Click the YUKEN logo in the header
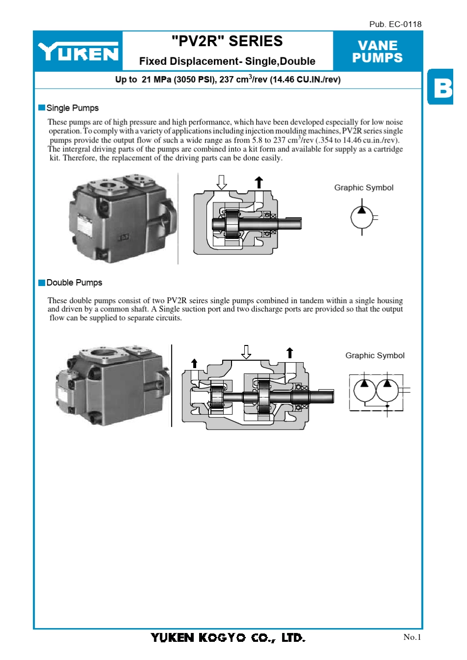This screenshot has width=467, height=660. coord(78,52)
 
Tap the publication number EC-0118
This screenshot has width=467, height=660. coord(395,24)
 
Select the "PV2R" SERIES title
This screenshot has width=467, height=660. coord(227,41)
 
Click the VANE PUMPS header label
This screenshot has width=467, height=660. coord(377,52)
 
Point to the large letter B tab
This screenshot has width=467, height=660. coord(442,87)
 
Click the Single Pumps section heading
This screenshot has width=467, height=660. coord(72,108)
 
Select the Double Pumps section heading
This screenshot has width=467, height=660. coord(74,283)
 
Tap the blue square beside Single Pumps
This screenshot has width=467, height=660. coord(42,108)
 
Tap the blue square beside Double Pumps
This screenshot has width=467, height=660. coord(42,283)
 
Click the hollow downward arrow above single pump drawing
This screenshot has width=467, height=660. coord(222,182)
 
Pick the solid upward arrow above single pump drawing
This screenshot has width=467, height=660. coord(259,182)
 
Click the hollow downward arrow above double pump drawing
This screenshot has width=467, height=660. coord(246,352)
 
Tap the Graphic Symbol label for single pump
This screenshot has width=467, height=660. coord(364,188)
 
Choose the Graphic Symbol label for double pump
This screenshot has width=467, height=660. coord(375,355)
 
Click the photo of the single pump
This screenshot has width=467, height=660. coord(123,218)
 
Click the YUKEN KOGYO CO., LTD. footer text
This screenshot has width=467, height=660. coord(228,637)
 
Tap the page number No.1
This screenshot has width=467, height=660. coord(412,637)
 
